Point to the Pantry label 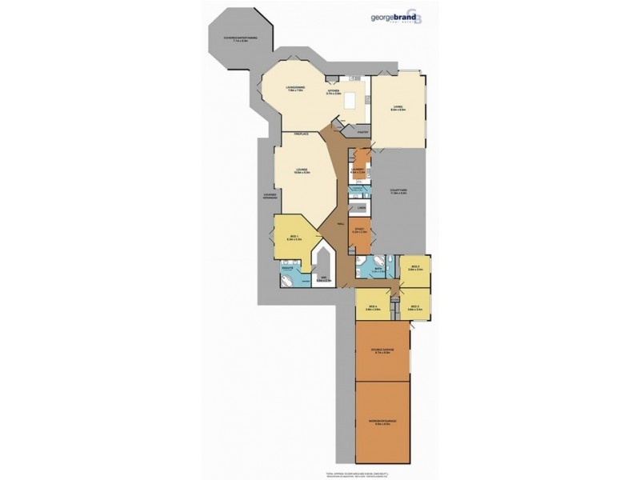click(362, 131)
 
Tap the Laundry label click(358, 170)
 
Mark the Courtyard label click(398, 192)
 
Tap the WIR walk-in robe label click(324, 280)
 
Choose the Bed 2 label click(414, 268)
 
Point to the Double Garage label click(381, 349)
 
